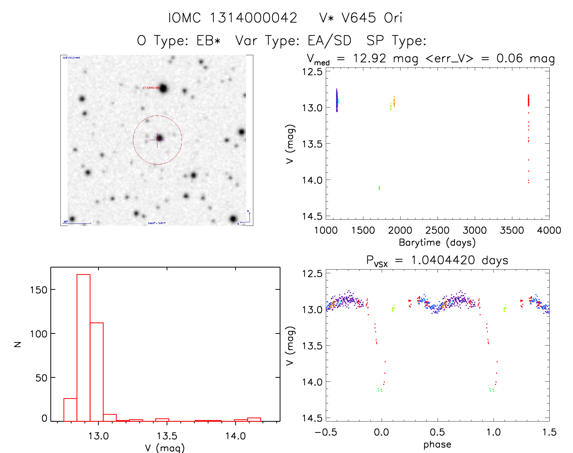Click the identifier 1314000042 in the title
click(x=253, y=18)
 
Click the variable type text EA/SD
click(x=329, y=41)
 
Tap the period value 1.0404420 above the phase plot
click(x=443, y=260)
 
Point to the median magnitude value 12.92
click(x=369, y=58)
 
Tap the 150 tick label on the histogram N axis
click(x=39, y=290)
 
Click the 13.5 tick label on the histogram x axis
click(x=167, y=436)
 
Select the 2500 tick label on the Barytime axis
click(x=437, y=230)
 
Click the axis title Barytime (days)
click(x=437, y=243)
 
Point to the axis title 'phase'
click(x=437, y=445)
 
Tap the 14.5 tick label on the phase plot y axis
click(x=312, y=418)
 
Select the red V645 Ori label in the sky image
click(x=151, y=88)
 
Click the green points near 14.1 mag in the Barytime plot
click(x=379, y=188)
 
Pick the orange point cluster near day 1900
click(x=394, y=102)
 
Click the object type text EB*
click(x=208, y=41)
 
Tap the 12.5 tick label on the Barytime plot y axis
click(x=312, y=72)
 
